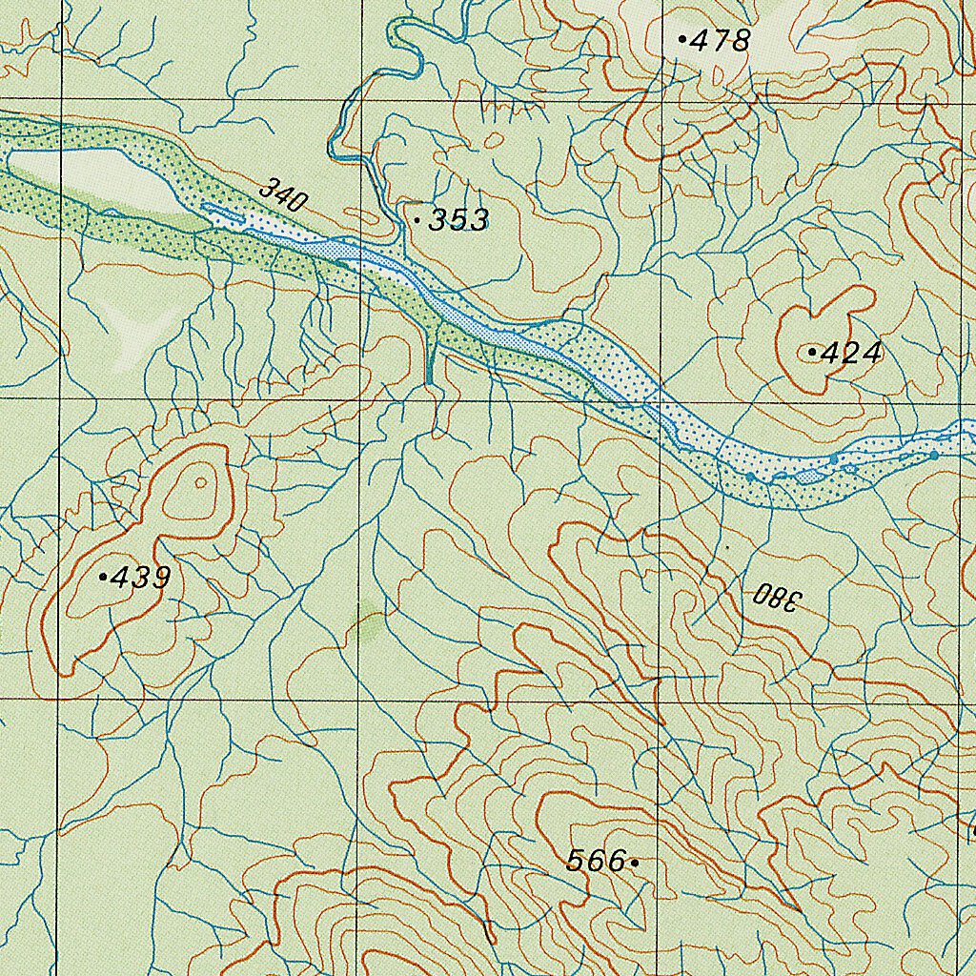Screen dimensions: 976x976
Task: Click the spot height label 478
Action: (x=721, y=40)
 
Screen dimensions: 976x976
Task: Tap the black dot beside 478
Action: (x=682, y=39)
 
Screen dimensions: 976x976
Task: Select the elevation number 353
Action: (x=458, y=220)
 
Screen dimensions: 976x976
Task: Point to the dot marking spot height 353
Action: (x=417, y=220)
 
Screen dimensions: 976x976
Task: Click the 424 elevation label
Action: (x=851, y=354)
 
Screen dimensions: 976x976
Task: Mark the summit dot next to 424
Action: (x=811, y=353)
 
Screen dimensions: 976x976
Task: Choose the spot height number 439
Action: (x=141, y=578)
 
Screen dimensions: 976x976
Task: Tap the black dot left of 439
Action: (x=103, y=577)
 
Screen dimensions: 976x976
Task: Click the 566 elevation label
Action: (x=595, y=862)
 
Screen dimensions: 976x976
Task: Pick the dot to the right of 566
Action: (x=635, y=863)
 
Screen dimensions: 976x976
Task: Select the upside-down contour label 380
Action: (x=778, y=598)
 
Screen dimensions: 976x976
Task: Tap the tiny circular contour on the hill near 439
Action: (x=200, y=482)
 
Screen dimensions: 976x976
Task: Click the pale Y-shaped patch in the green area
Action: (x=133, y=334)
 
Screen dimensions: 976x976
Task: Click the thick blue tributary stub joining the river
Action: (x=431, y=357)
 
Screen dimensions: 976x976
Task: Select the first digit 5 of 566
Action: (x=576, y=862)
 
